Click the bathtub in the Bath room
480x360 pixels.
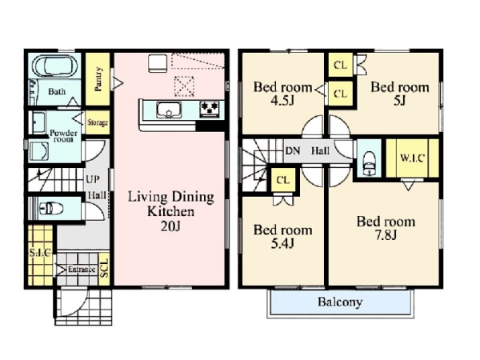[55, 66]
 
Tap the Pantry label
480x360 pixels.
[98, 79]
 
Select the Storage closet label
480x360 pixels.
[98, 122]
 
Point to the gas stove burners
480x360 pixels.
[210, 110]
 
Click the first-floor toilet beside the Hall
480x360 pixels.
[51, 209]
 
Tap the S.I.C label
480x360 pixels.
[41, 253]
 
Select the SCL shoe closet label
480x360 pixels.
[105, 268]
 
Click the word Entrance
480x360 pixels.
[82, 270]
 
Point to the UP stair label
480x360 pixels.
[93, 179]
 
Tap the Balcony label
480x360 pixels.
[340, 302]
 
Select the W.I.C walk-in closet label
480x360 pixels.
[412, 158]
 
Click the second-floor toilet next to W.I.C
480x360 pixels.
[369, 164]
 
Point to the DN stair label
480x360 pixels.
[293, 150]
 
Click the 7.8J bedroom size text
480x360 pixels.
[386, 235]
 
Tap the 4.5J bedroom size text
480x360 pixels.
[282, 101]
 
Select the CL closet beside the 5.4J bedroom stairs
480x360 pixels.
[283, 180]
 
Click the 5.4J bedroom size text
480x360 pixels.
[282, 243]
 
